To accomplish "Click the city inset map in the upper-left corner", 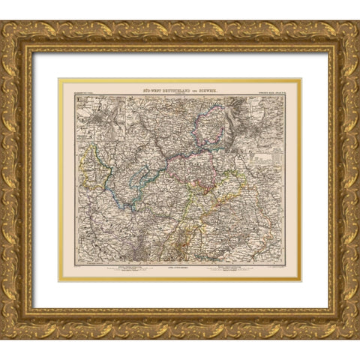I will (x=96, y=116).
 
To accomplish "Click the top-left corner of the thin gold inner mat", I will (x=59, y=79).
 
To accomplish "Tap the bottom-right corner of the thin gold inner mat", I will (x=301, y=280).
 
